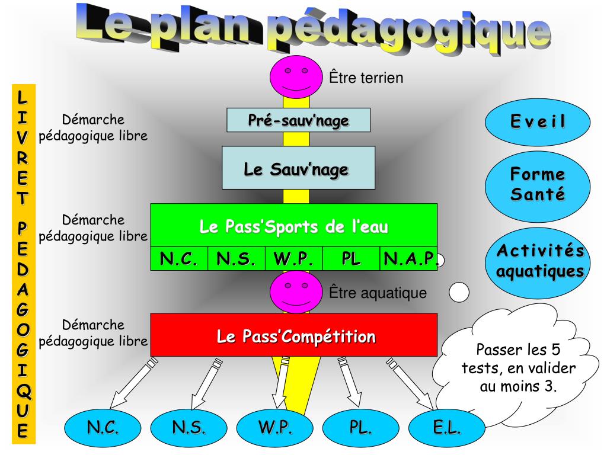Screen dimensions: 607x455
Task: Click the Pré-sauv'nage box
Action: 298,120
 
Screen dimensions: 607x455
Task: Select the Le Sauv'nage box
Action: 298,168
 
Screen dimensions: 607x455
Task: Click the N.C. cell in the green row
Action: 179,259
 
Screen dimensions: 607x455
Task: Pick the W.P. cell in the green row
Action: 294,259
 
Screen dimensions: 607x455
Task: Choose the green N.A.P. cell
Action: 408,259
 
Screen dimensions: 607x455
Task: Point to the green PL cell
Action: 351,259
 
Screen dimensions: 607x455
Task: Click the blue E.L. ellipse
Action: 447,427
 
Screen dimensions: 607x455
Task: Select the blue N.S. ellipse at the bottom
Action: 189,427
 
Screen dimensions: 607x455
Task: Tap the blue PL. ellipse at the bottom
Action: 360,427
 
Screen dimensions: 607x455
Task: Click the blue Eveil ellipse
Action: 538,123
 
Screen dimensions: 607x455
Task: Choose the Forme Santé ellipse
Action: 538,185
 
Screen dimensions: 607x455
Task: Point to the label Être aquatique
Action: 378,293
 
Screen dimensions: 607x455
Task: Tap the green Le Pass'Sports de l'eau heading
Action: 294,226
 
